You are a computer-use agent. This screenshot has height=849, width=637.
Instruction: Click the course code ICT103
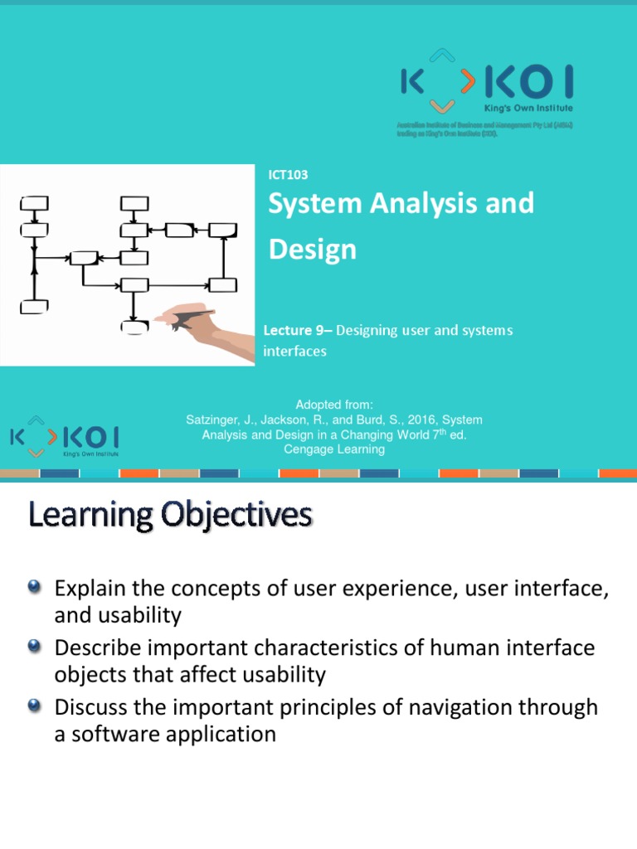click(x=288, y=174)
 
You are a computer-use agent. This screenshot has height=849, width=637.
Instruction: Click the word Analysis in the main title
click(x=433, y=203)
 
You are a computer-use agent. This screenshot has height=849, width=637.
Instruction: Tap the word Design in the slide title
click(x=312, y=250)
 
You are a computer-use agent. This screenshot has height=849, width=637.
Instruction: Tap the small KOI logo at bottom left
click(x=64, y=436)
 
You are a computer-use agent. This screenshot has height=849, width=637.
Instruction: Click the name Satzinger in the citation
click(x=216, y=420)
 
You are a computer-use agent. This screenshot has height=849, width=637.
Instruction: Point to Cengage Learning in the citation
click(x=333, y=449)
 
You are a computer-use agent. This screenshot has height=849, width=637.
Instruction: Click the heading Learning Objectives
click(x=171, y=517)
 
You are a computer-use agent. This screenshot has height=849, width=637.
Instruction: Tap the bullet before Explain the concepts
click(x=34, y=587)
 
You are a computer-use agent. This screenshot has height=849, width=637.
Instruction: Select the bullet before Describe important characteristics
click(x=34, y=647)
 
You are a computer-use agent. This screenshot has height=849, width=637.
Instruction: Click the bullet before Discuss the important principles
click(x=34, y=706)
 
